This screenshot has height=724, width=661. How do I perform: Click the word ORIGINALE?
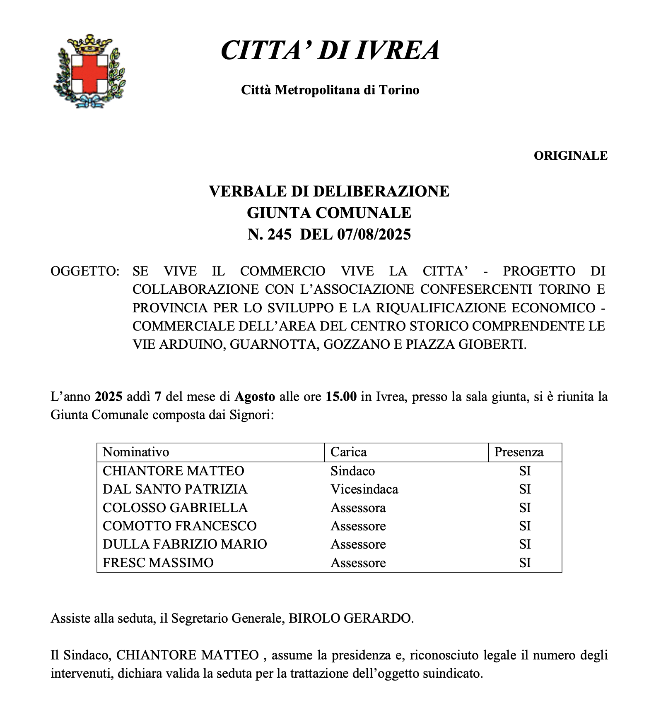pos(570,156)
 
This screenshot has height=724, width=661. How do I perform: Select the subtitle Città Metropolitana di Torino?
pos(330,90)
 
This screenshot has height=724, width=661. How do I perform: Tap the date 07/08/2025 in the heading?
pos(374,235)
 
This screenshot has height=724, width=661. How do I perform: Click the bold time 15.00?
pos(341,397)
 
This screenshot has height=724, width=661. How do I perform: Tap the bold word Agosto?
pos(255,397)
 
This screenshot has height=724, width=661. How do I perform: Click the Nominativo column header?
pos(136,452)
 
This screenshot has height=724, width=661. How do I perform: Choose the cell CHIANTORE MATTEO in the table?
pos(174,471)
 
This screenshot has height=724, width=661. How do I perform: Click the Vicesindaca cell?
pos(364,489)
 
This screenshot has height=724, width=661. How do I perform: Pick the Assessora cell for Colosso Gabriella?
pos(358,508)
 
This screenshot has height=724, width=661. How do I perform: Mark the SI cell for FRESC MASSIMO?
pos(525,563)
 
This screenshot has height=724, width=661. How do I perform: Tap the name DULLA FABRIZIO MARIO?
pos(185,544)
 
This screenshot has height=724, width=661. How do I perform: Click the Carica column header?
pos(348,452)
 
